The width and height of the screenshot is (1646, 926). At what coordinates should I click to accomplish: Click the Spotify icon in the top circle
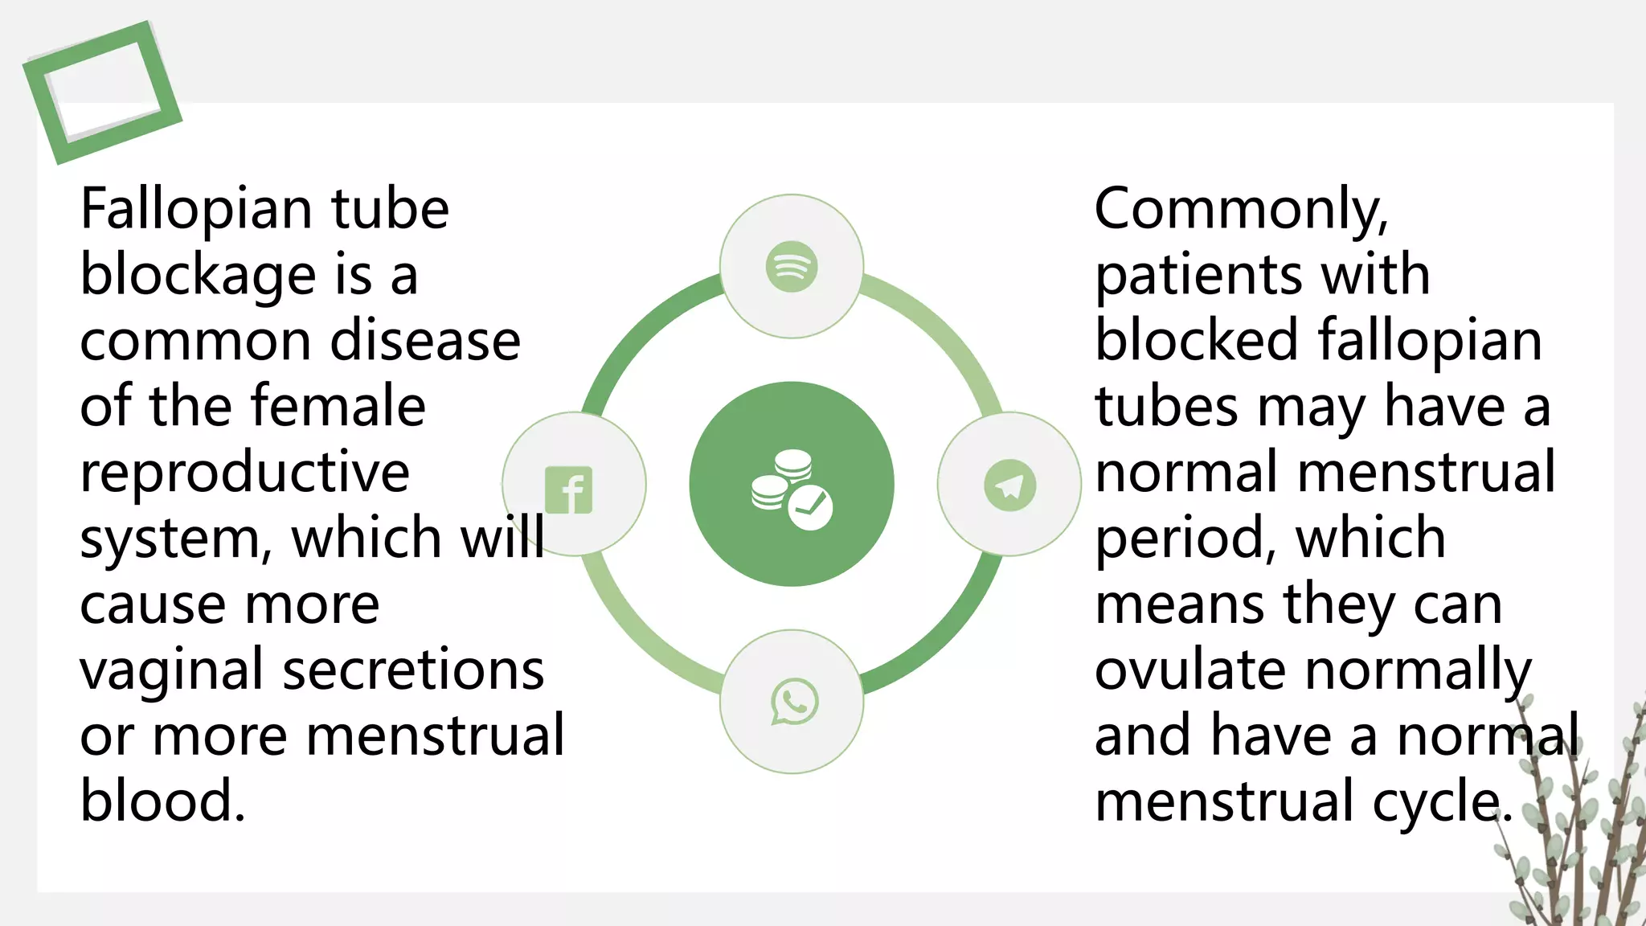click(x=792, y=267)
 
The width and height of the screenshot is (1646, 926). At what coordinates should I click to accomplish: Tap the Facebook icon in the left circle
click(x=569, y=490)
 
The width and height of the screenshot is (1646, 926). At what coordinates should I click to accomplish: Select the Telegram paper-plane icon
click(x=1009, y=485)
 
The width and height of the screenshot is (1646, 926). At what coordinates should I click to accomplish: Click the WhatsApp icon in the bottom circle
click(x=794, y=702)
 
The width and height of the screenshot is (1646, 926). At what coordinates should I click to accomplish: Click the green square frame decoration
click(x=102, y=92)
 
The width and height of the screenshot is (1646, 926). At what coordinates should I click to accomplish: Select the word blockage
click(x=198, y=276)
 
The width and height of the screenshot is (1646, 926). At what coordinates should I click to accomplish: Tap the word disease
click(x=425, y=341)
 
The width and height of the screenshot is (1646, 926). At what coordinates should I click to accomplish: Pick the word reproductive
click(x=244, y=473)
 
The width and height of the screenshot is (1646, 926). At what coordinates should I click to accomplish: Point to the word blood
click(x=162, y=801)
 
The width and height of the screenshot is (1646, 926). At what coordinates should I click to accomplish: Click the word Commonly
click(x=1241, y=210)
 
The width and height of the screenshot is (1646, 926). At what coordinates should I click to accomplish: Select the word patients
click(x=1198, y=276)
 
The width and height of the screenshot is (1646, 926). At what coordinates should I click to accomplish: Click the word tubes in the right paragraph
click(x=1166, y=407)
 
